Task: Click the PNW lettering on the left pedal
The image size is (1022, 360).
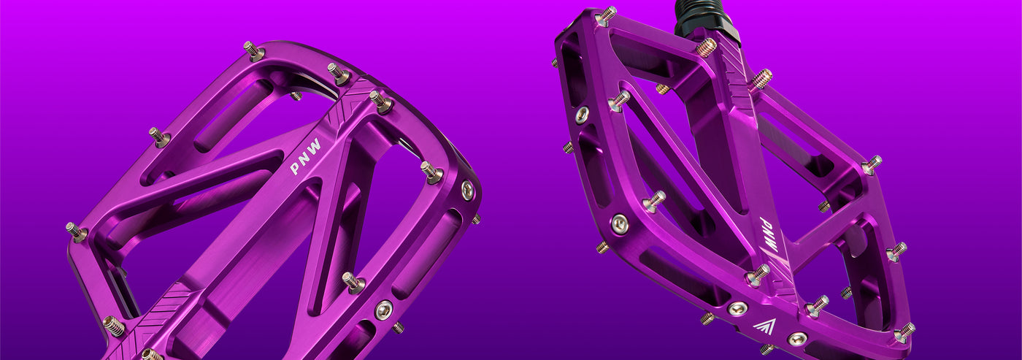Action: click(305, 156)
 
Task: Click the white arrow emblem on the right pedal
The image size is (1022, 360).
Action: click(764, 326)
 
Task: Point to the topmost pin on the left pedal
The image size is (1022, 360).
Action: click(253, 50)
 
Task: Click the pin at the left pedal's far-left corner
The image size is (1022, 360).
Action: click(76, 232)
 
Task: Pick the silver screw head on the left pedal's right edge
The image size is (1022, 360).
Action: click(467, 190)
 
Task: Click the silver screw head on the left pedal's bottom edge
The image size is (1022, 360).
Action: click(383, 310)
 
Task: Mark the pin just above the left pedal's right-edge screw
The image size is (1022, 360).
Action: click(431, 172)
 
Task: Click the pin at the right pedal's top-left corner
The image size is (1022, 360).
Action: click(605, 15)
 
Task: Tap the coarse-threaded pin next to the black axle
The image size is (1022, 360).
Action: click(706, 47)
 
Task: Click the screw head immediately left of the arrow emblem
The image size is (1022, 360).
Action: click(737, 309)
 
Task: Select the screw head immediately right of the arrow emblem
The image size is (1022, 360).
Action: click(797, 339)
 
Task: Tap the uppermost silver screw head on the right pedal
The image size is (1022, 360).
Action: click(582, 115)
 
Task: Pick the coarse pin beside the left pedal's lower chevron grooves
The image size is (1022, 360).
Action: click(114, 326)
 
